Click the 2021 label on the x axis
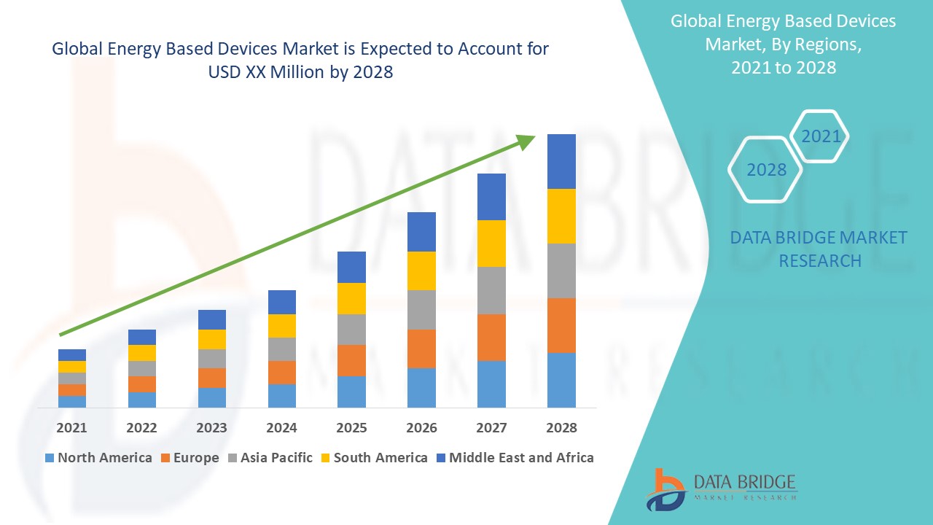click(x=71, y=427)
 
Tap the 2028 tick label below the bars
click(x=561, y=427)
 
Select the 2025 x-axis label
click(x=351, y=427)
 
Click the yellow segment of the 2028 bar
click(x=561, y=216)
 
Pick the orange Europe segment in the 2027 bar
click(x=491, y=337)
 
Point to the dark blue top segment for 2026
click(x=421, y=232)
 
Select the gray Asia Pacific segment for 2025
click(x=351, y=329)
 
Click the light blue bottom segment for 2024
click(x=281, y=395)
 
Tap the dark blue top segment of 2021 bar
click(x=71, y=354)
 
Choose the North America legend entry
click(x=98, y=458)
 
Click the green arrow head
click(x=526, y=141)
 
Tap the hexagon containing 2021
click(x=821, y=136)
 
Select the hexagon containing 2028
click(x=766, y=170)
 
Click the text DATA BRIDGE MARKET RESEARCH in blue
click(x=819, y=249)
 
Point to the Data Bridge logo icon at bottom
click(x=665, y=489)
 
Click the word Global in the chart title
click(x=77, y=49)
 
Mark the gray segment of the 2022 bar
click(x=141, y=368)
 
